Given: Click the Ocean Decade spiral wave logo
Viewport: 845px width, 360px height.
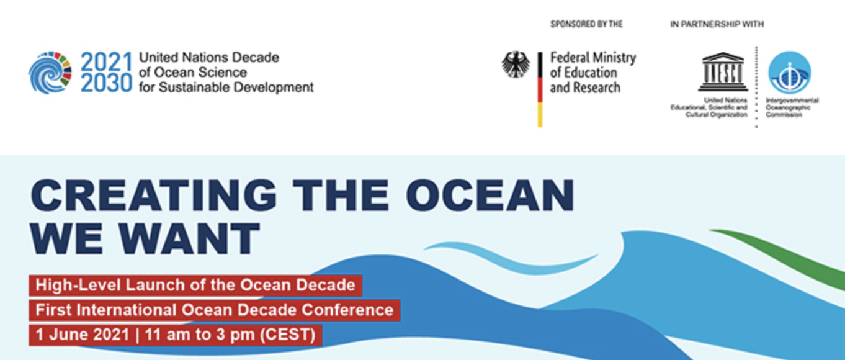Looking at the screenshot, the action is (50, 73).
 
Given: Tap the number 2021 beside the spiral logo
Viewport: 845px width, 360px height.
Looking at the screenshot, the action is (106, 61).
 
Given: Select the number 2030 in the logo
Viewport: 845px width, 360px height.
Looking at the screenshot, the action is (106, 83).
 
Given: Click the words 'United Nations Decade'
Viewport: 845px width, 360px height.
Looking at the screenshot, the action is (209, 57).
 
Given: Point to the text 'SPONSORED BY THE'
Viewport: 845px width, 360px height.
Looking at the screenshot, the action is (586, 24).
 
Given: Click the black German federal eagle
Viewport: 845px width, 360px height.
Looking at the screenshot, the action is (516, 65).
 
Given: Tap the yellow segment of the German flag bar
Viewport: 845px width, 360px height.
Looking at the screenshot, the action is (540, 115).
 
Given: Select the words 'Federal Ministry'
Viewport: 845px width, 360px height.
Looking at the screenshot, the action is (593, 58).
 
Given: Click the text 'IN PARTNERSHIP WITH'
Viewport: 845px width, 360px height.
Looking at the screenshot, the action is (717, 24).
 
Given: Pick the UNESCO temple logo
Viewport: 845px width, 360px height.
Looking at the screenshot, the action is (723, 72).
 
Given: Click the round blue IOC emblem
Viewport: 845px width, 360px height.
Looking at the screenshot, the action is (790, 73).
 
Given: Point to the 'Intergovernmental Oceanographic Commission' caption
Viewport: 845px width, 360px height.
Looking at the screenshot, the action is (792, 107).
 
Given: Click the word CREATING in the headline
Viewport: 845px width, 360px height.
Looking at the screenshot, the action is (153, 196).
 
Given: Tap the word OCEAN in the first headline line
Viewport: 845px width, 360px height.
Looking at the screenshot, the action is (490, 196).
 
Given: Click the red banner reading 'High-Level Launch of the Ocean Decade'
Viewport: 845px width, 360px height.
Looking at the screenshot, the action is (195, 286).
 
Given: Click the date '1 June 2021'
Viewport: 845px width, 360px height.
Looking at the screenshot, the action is (83, 335).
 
